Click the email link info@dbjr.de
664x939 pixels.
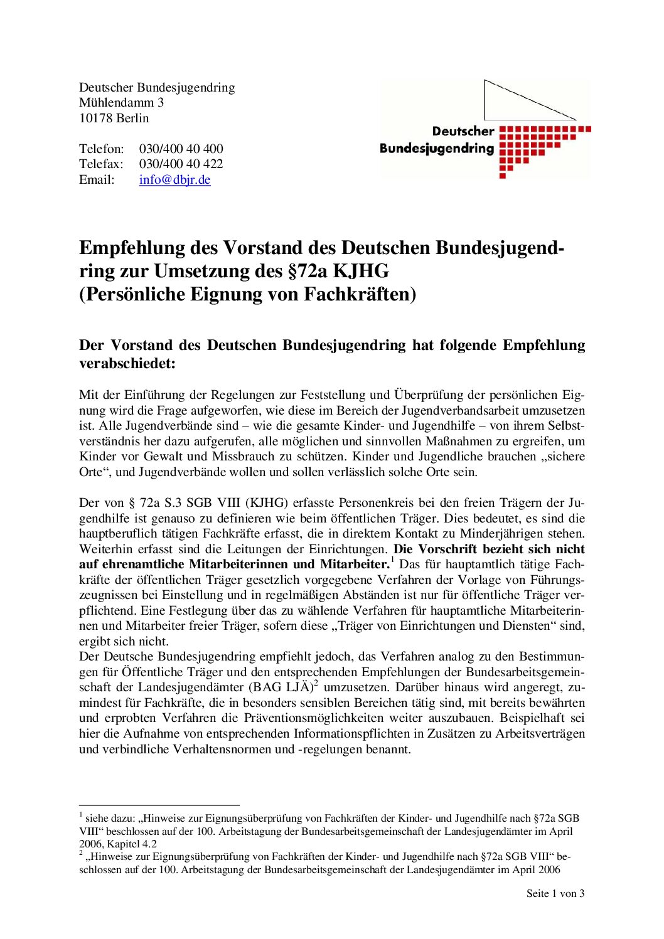point(174,180)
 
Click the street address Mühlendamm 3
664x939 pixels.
point(121,103)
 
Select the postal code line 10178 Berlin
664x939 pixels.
point(114,119)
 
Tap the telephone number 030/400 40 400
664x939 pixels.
point(181,149)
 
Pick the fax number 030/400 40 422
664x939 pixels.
point(181,164)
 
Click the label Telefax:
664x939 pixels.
point(101,164)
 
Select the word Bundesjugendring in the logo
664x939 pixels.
point(437,149)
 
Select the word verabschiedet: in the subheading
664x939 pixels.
point(127,364)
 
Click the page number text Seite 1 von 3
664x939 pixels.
point(555,894)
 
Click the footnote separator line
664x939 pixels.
point(159,805)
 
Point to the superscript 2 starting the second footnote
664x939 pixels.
point(81,853)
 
